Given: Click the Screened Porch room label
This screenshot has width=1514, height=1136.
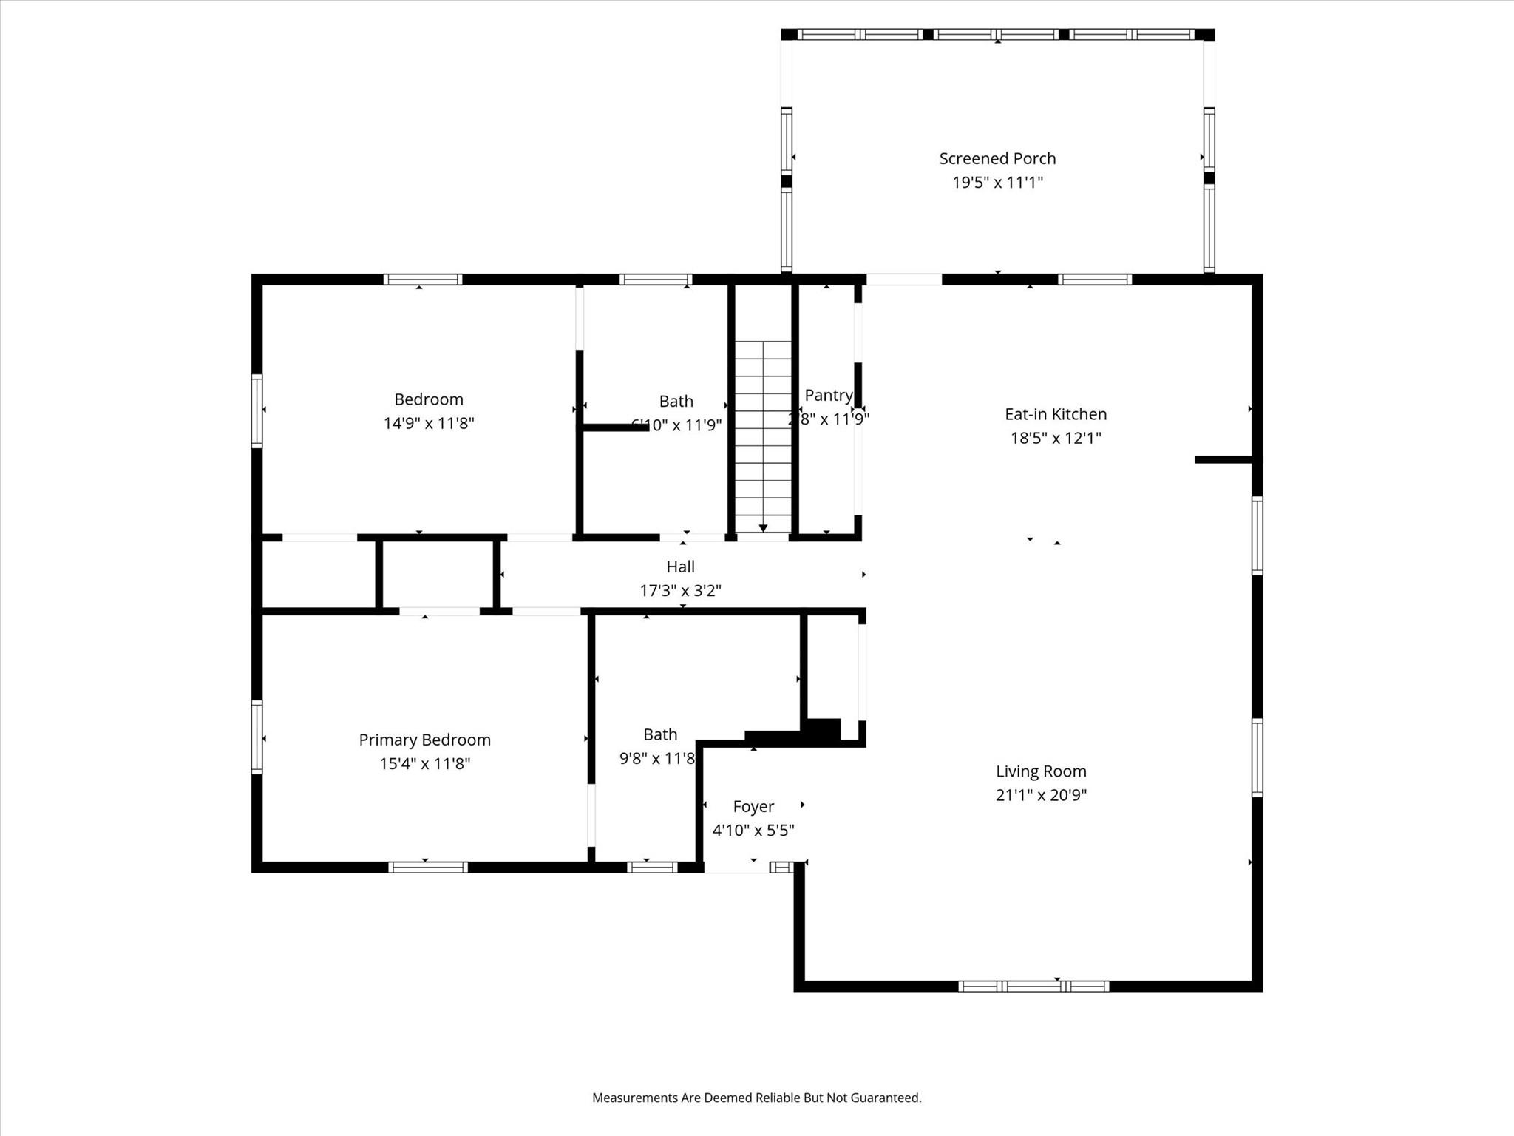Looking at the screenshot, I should pyautogui.click(x=997, y=158).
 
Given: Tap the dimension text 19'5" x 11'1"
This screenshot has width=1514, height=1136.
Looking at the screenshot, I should pyautogui.click(x=997, y=182).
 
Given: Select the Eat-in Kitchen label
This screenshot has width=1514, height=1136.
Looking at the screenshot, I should pyautogui.click(x=1056, y=414).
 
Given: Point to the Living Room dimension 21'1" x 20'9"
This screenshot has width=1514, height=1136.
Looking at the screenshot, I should pyautogui.click(x=1041, y=795).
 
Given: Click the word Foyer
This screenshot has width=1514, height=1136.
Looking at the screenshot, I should pyautogui.click(x=753, y=806).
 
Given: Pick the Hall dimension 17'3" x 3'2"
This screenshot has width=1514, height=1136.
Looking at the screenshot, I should pyautogui.click(x=680, y=590).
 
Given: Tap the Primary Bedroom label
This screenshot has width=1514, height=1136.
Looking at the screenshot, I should pyautogui.click(x=424, y=740).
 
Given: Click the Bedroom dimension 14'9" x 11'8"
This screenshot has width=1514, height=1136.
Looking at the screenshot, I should pyautogui.click(x=428, y=423).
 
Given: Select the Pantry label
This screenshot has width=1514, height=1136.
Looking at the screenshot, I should pyautogui.click(x=828, y=395).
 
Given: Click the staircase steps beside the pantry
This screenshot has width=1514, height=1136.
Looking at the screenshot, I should pyautogui.click(x=763, y=429).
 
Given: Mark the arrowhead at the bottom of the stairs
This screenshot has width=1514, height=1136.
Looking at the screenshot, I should pyautogui.click(x=763, y=528).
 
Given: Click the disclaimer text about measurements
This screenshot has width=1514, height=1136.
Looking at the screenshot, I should pyautogui.click(x=756, y=1098).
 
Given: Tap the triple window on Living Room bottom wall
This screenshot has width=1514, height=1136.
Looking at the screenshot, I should pyautogui.click(x=1033, y=986).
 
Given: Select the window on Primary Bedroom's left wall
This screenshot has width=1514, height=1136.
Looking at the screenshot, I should pyautogui.click(x=257, y=737).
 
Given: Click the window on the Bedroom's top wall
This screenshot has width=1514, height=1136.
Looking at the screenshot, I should pyautogui.click(x=423, y=280).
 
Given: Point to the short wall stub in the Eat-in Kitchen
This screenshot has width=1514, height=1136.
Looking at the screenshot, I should pyautogui.click(x=1223, y=460).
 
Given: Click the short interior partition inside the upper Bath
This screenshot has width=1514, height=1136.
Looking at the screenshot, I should pyautogui.click(x=615, y=427).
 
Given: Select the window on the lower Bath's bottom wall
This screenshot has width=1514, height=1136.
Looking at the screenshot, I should pyautogui.click(x=652, y=868).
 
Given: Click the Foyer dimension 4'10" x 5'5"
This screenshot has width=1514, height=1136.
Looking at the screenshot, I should pyautogui.click(x=753, y=830).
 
